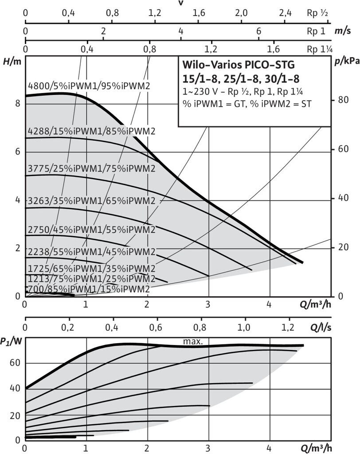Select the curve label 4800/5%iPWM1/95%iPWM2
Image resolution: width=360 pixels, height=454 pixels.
[89, 86]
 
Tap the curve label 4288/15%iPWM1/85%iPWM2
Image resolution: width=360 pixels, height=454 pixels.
[91, 131]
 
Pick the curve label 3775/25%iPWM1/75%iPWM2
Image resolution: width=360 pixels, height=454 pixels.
[91, 169]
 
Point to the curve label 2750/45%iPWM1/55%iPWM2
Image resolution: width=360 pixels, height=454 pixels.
[91, 230]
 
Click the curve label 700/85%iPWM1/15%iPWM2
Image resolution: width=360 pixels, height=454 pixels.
[89, 289]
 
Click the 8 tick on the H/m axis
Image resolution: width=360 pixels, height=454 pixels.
[18, 103]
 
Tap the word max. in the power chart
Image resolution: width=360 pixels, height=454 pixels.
[193, 341]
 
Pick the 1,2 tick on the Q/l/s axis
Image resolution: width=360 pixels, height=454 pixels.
[288, 329]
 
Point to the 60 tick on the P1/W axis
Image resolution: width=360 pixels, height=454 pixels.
[15, 363]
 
